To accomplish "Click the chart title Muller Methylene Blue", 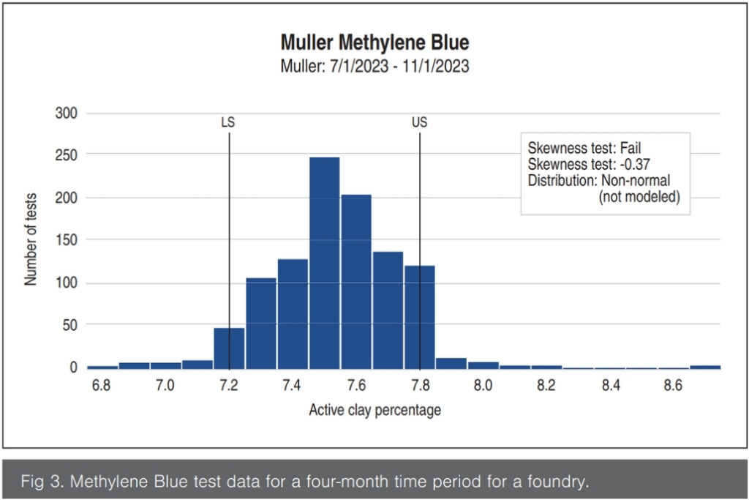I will [374, 42].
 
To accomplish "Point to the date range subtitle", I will [374, 66].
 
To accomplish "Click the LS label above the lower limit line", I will [227, 122].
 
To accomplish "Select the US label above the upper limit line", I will [419, 122].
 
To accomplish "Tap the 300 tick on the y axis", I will [66, 113].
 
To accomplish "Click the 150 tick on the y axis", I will [66, 240].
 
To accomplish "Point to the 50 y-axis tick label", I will [69, 325].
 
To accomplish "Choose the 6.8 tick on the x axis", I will [101, 385].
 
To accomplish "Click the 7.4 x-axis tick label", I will [292, 385].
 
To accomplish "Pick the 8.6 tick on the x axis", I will [673, 385].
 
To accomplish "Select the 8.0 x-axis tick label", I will [482, 385].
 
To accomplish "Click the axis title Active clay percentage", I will [374, 410].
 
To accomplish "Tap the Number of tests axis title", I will [31, 240].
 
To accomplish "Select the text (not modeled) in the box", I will [639, 196].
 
